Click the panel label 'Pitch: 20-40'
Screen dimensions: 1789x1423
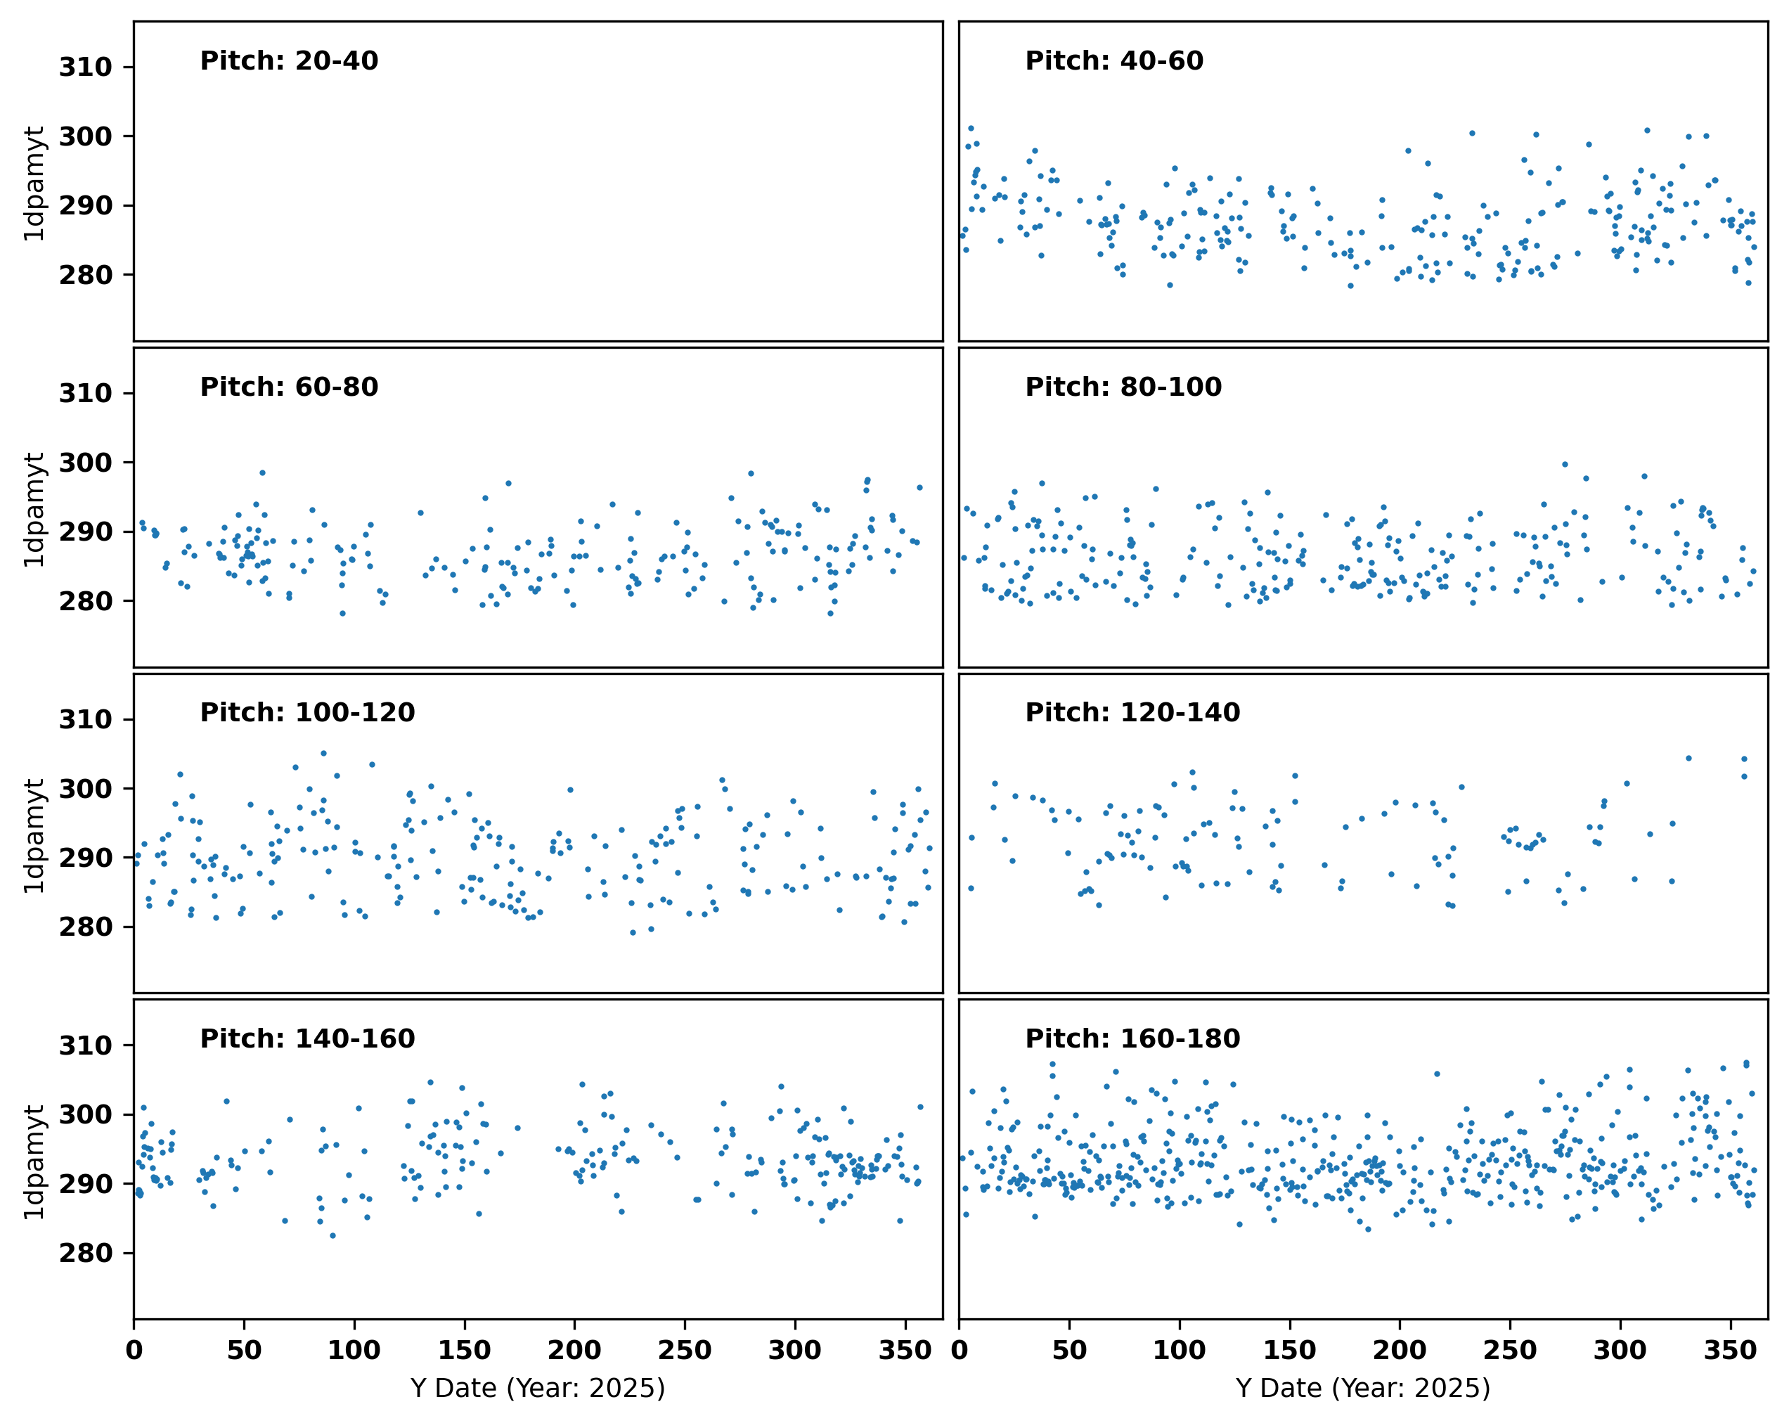pyautogui.click(x=289, y=60)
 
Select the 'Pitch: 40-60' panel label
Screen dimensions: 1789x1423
pyautogui.click(x=1114, y=60)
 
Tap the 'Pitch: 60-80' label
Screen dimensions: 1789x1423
pyautogui.click(x=289, y=387)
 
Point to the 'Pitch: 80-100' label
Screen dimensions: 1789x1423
pyautogui.click(x=1123, y=387)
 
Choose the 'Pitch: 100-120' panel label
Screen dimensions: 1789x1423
pyautogui.click(x=307, y=712)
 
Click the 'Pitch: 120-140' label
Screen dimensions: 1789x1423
pyautogui.click(x=1132, y=712)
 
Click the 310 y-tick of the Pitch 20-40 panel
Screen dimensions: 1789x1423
pyautogui.click(x=86, y=67)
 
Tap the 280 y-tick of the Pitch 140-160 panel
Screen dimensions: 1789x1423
pyautogui.click(x=86, y=1253)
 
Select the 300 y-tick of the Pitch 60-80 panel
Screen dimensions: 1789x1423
pyautogui.click(x=86, y=462)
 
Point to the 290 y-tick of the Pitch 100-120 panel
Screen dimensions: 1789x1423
pyautogui.click(x=86, y=858)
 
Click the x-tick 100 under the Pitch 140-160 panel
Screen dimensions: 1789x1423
pyautogui.click(x=354, y=1350)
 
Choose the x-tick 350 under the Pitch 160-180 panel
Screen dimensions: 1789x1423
pyautogui.click(x=1730, y=1350)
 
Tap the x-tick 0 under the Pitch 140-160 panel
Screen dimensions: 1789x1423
pyautogui.click(x=134, y=1350)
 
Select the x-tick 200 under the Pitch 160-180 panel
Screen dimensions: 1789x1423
pyautogui.click(x=1400, y=1350)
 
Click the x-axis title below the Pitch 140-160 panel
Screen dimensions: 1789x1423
pyautogui.click(x=538, y=1388)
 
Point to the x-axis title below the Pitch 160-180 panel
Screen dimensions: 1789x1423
pyautogui.click(x=1363, y=1388)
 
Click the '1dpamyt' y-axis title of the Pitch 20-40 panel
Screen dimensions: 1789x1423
pyautogui.click(x=34, y=183)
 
